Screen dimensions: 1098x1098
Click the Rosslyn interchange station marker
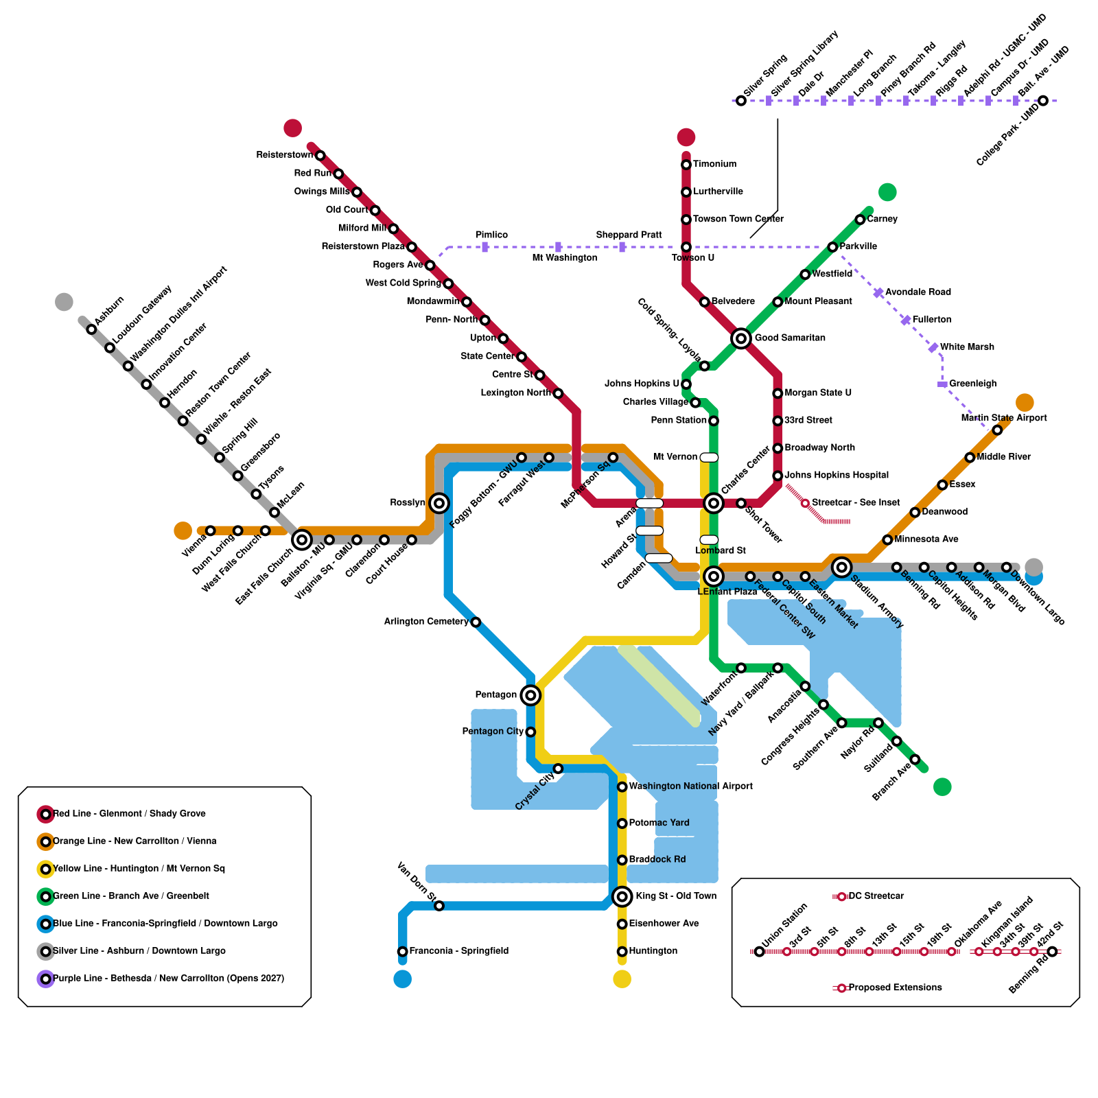tap(439, 503)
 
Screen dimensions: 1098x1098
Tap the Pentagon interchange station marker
tap(530, 695)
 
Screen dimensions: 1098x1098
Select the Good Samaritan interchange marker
tap(740, 338)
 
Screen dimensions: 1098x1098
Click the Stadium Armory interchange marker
tap(841, 567)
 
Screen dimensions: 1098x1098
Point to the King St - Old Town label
tap(675, 896)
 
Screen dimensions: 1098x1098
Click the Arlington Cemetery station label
tap(426, 622)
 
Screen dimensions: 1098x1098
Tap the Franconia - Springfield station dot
tap(403, 951)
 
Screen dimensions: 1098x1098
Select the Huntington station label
tap(653, 951)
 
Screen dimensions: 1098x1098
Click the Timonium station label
tap(714, 164)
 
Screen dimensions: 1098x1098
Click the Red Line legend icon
tap(45, 814)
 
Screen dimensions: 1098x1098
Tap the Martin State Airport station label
tap(1003, 418)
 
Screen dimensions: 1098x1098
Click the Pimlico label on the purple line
tap(491, 235)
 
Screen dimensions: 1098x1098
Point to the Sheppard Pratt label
tap(629, 235)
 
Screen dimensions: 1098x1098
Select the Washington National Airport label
tap(690, 786)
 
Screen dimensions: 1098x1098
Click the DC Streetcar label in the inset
tap(876, 896)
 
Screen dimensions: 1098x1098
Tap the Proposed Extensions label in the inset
tap(895, 988)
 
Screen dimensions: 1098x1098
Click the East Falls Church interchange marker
tap(302, 540)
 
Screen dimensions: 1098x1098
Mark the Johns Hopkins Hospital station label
tap(836, 475)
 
